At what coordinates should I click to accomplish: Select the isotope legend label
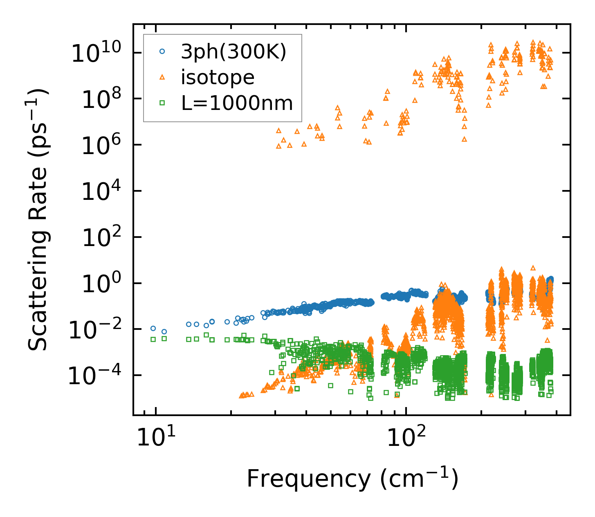(218, 77)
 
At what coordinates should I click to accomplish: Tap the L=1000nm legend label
(237, 103)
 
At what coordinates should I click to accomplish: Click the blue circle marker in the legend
(162, 51)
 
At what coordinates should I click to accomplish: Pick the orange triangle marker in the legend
(162, 77)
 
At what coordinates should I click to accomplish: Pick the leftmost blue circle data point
(153, 328)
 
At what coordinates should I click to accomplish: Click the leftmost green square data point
(153, 339)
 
